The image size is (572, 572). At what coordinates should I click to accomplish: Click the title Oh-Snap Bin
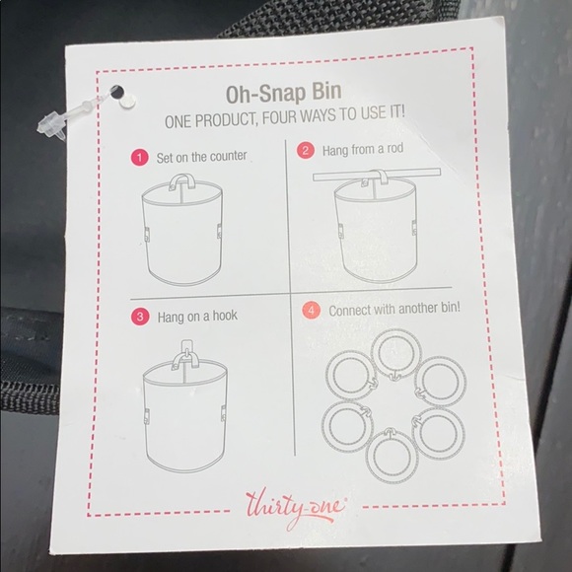284,93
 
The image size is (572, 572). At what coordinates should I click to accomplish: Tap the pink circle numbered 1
140,158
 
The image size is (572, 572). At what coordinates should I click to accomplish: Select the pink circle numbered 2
306,151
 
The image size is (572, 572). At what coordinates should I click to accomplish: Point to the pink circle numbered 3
140,317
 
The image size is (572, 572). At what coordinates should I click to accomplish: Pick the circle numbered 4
311,311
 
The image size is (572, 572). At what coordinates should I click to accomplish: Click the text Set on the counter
202,157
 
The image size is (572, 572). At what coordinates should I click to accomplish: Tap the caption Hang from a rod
363,150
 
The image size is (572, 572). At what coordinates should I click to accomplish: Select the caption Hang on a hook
197,317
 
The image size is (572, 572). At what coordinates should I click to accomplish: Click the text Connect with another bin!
394,310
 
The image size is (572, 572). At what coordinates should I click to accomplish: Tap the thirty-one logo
296,508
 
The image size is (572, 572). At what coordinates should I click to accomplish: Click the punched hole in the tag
117,92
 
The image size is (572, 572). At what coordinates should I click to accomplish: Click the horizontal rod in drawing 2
377,175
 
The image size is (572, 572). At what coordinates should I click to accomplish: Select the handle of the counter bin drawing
182,181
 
